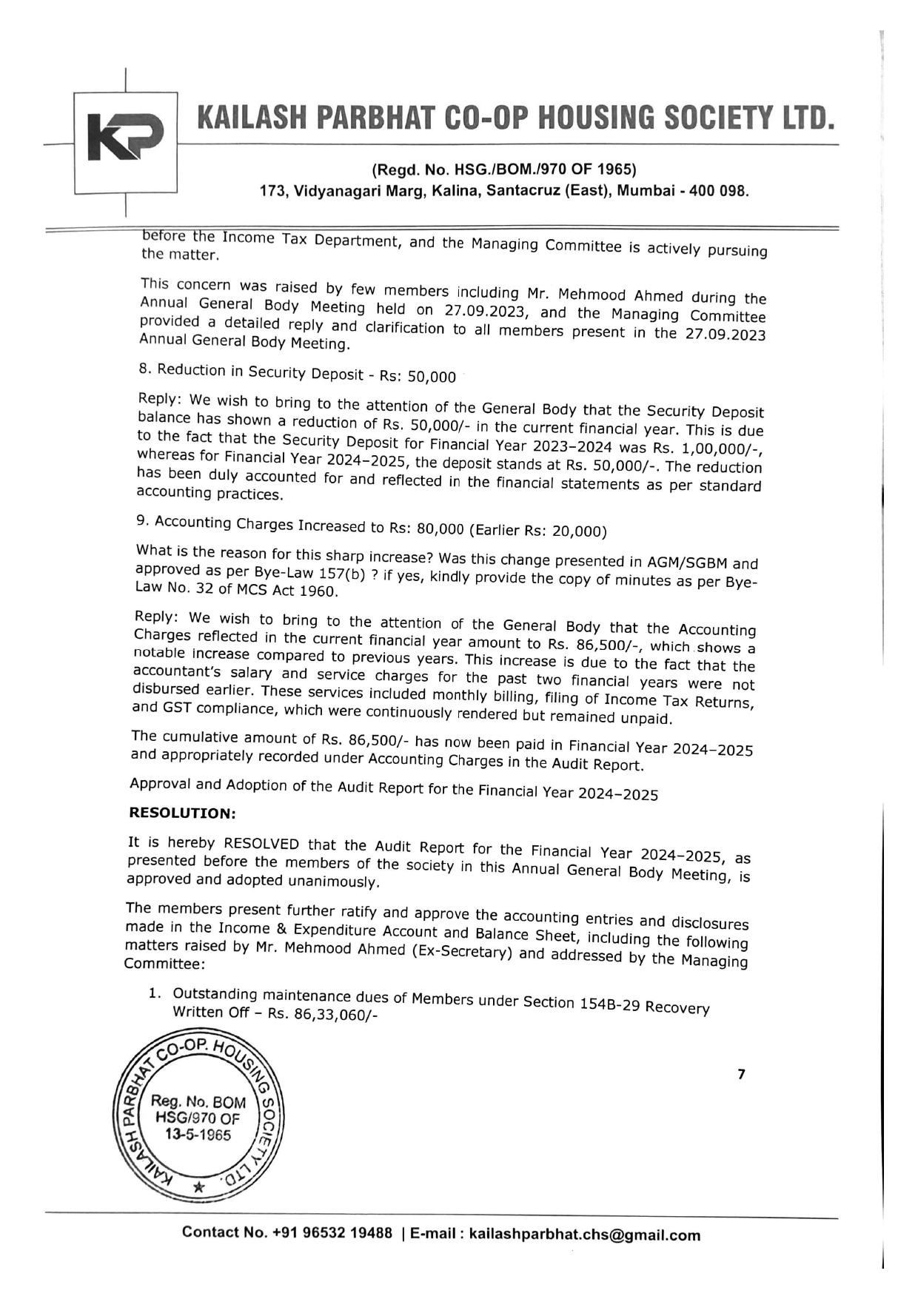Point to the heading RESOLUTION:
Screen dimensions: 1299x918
pyautogui.click(x=182, y=813)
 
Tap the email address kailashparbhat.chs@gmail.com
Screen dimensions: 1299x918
pyautogui.click(x=585, y=1235)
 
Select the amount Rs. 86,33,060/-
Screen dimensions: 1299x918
pyautogui.click(x=323, y=1015)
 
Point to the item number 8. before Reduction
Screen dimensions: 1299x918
pyautogui.click(x=144, y=369)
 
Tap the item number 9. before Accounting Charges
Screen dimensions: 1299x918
pyautogui.click(x=143, y=520)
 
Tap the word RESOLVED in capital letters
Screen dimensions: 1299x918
pyautogui.click(x=261, y=845)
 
